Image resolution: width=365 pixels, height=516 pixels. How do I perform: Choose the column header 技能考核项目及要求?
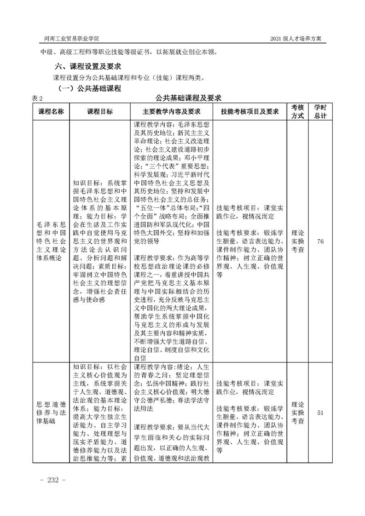tap(250, 111)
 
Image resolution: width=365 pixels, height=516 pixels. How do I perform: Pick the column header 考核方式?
tap(297, 111)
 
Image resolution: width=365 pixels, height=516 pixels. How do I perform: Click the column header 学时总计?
tap(320, 111)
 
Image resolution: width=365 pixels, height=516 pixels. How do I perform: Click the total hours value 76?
tap(320, 241)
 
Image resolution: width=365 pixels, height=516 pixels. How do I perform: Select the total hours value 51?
tap(320, 413)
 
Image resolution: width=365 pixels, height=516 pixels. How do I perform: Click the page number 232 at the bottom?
tap(54, 480)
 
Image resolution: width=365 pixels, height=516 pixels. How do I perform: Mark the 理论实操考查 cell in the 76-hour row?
tap(297, 241)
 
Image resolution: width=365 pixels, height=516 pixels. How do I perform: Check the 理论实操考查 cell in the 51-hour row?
tap(297, 413)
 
